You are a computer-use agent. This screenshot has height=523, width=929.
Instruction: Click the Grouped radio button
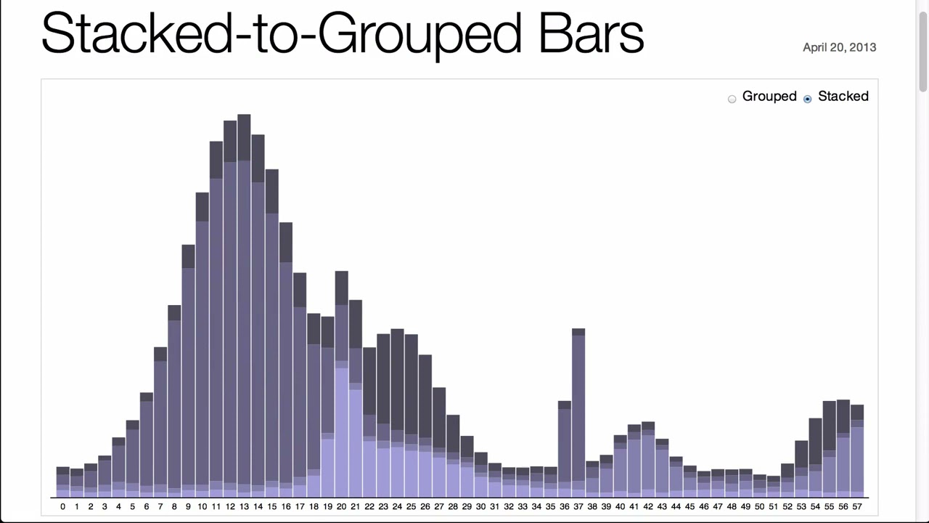click(x=732, y=99)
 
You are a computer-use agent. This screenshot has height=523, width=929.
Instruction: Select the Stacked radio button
click(x=808, y=99)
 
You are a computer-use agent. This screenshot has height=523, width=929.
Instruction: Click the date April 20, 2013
click(x=839, y=47)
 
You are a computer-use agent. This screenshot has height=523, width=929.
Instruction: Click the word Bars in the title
click(x=591, y=33)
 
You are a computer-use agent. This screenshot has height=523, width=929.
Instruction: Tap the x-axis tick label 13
click(x=244, y=507)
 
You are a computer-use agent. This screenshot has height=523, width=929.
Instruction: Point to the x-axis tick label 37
click(x=578, y=507)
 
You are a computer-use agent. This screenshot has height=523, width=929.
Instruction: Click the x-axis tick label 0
click(x=63, y=507)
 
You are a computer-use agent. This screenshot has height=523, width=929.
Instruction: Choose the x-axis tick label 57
click(x=857, y=507)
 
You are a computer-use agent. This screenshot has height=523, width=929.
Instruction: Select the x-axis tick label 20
click(x=341, y=507)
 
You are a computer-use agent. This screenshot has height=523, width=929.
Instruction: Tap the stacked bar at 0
click(x=63, y=482)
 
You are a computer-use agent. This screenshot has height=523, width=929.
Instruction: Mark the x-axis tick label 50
click(x=759, y=507)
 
